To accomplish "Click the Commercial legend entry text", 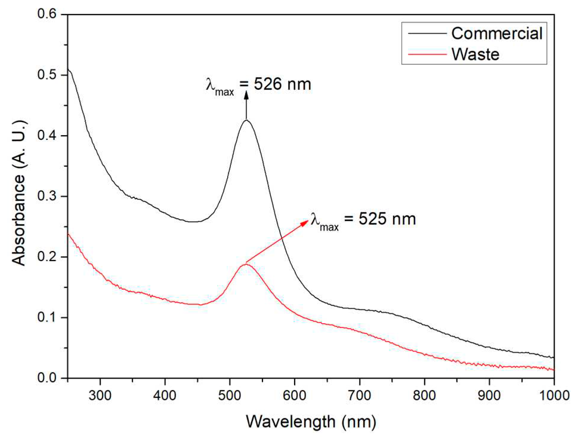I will pos(496,33).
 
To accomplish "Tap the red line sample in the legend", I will pos(427,54).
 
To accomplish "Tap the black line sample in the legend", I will pos(427,33).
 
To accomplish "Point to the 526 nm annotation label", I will pos(258,85).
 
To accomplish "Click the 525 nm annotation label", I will pos(363,220).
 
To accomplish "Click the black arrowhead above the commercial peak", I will pos(246,95).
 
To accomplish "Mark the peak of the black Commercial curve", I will pos(246,120).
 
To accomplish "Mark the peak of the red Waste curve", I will pos(245,264).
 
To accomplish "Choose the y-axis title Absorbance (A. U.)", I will pos(18,193).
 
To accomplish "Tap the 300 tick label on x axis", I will pos(100,395).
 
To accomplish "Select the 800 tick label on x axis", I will pos(424,395).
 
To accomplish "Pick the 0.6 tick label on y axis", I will pos(47,14).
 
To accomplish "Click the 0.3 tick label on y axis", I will pos(47,196).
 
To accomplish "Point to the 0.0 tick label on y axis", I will pos(47,378).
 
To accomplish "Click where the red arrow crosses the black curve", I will pos(282,238).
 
